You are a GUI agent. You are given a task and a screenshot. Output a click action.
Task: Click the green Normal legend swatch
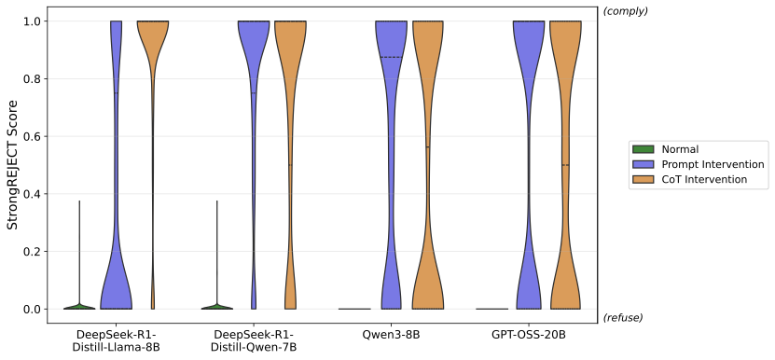tap(642, 149)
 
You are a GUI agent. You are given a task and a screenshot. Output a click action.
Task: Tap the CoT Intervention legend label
tap(704, 179)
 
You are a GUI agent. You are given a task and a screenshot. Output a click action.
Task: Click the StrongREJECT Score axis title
tap(13, 165)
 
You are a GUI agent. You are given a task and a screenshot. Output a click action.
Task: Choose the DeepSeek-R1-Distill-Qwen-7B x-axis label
tap(254, 340)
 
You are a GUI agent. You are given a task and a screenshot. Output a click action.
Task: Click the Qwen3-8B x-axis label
tap(391, 335)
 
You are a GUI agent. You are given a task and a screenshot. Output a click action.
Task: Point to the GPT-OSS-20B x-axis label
tap(529, 335)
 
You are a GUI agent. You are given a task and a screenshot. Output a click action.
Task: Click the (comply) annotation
tap(626, 11)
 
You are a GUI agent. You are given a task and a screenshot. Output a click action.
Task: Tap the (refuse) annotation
tap(623, 317)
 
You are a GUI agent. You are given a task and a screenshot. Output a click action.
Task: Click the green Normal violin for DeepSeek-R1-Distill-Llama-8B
tap(79, 306)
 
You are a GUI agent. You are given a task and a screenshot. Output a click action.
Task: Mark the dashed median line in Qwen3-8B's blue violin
tap(391, 58)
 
